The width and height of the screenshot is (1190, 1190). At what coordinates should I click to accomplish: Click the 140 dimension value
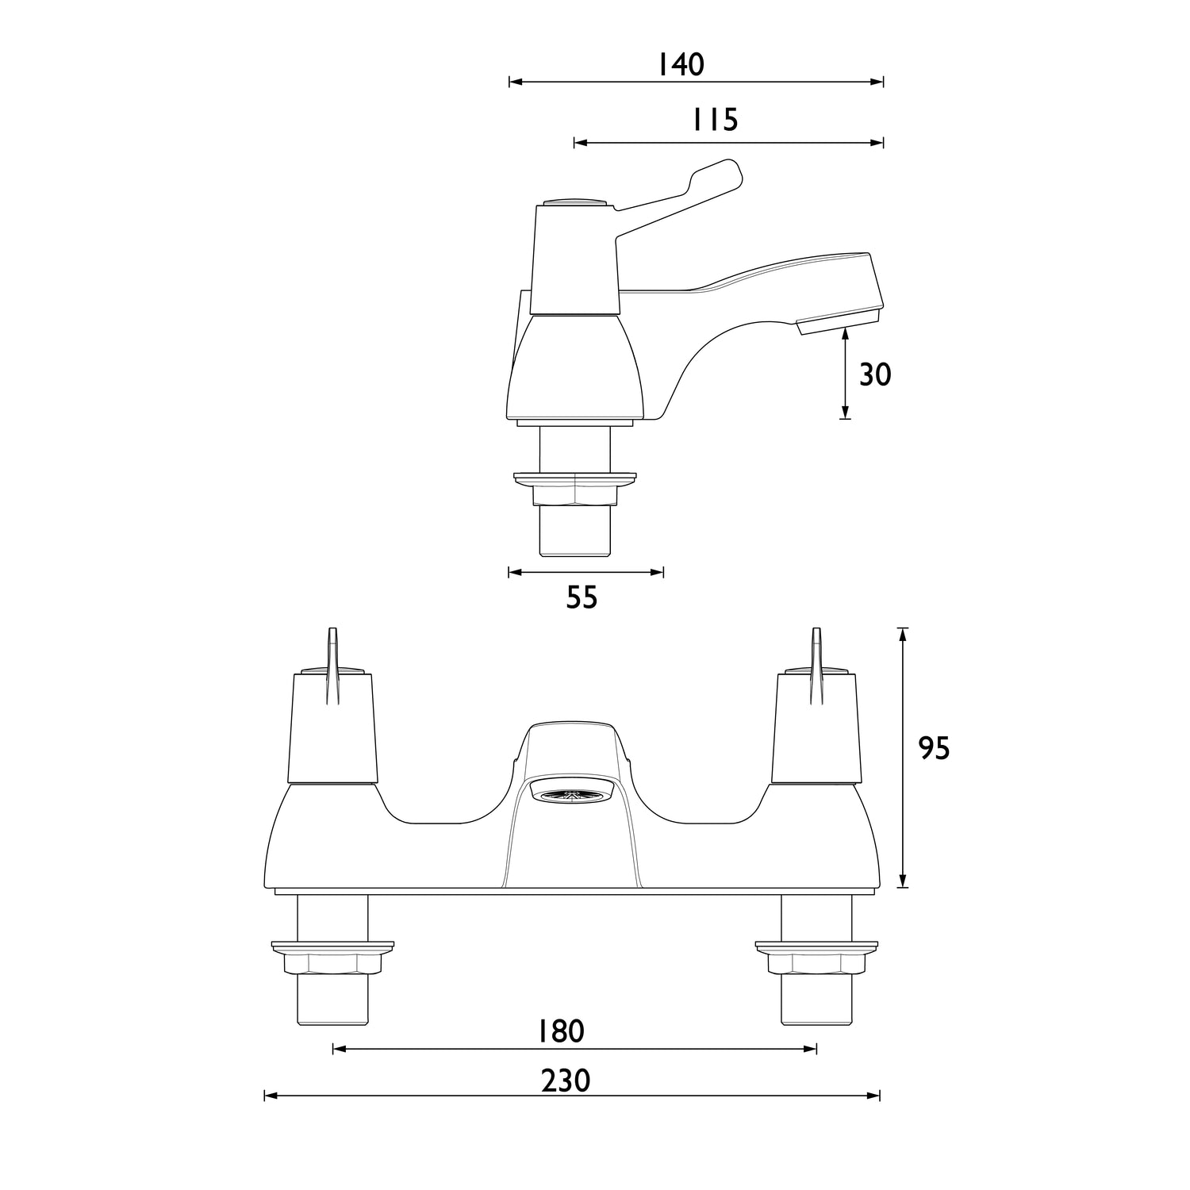pos(681,65)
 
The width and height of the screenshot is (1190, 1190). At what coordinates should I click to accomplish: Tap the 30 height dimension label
pos(875,374)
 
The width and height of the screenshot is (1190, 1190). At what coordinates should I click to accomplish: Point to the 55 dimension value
pos(582,597)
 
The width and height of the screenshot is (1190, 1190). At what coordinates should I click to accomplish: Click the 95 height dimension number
pos(934,748)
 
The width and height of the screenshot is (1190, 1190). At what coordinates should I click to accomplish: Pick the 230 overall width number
pos(566,1081)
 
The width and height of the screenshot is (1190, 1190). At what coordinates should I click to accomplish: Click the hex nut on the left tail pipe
pos(332,963)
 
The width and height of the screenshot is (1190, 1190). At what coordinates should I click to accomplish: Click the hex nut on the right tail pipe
pos(816,963)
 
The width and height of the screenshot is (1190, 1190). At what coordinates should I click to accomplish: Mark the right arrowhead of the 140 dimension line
pos(878,82)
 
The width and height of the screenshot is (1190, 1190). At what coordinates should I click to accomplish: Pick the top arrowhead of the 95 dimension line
pos(902,632)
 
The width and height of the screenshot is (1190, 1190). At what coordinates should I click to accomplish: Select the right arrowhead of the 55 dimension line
pos(658,572)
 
